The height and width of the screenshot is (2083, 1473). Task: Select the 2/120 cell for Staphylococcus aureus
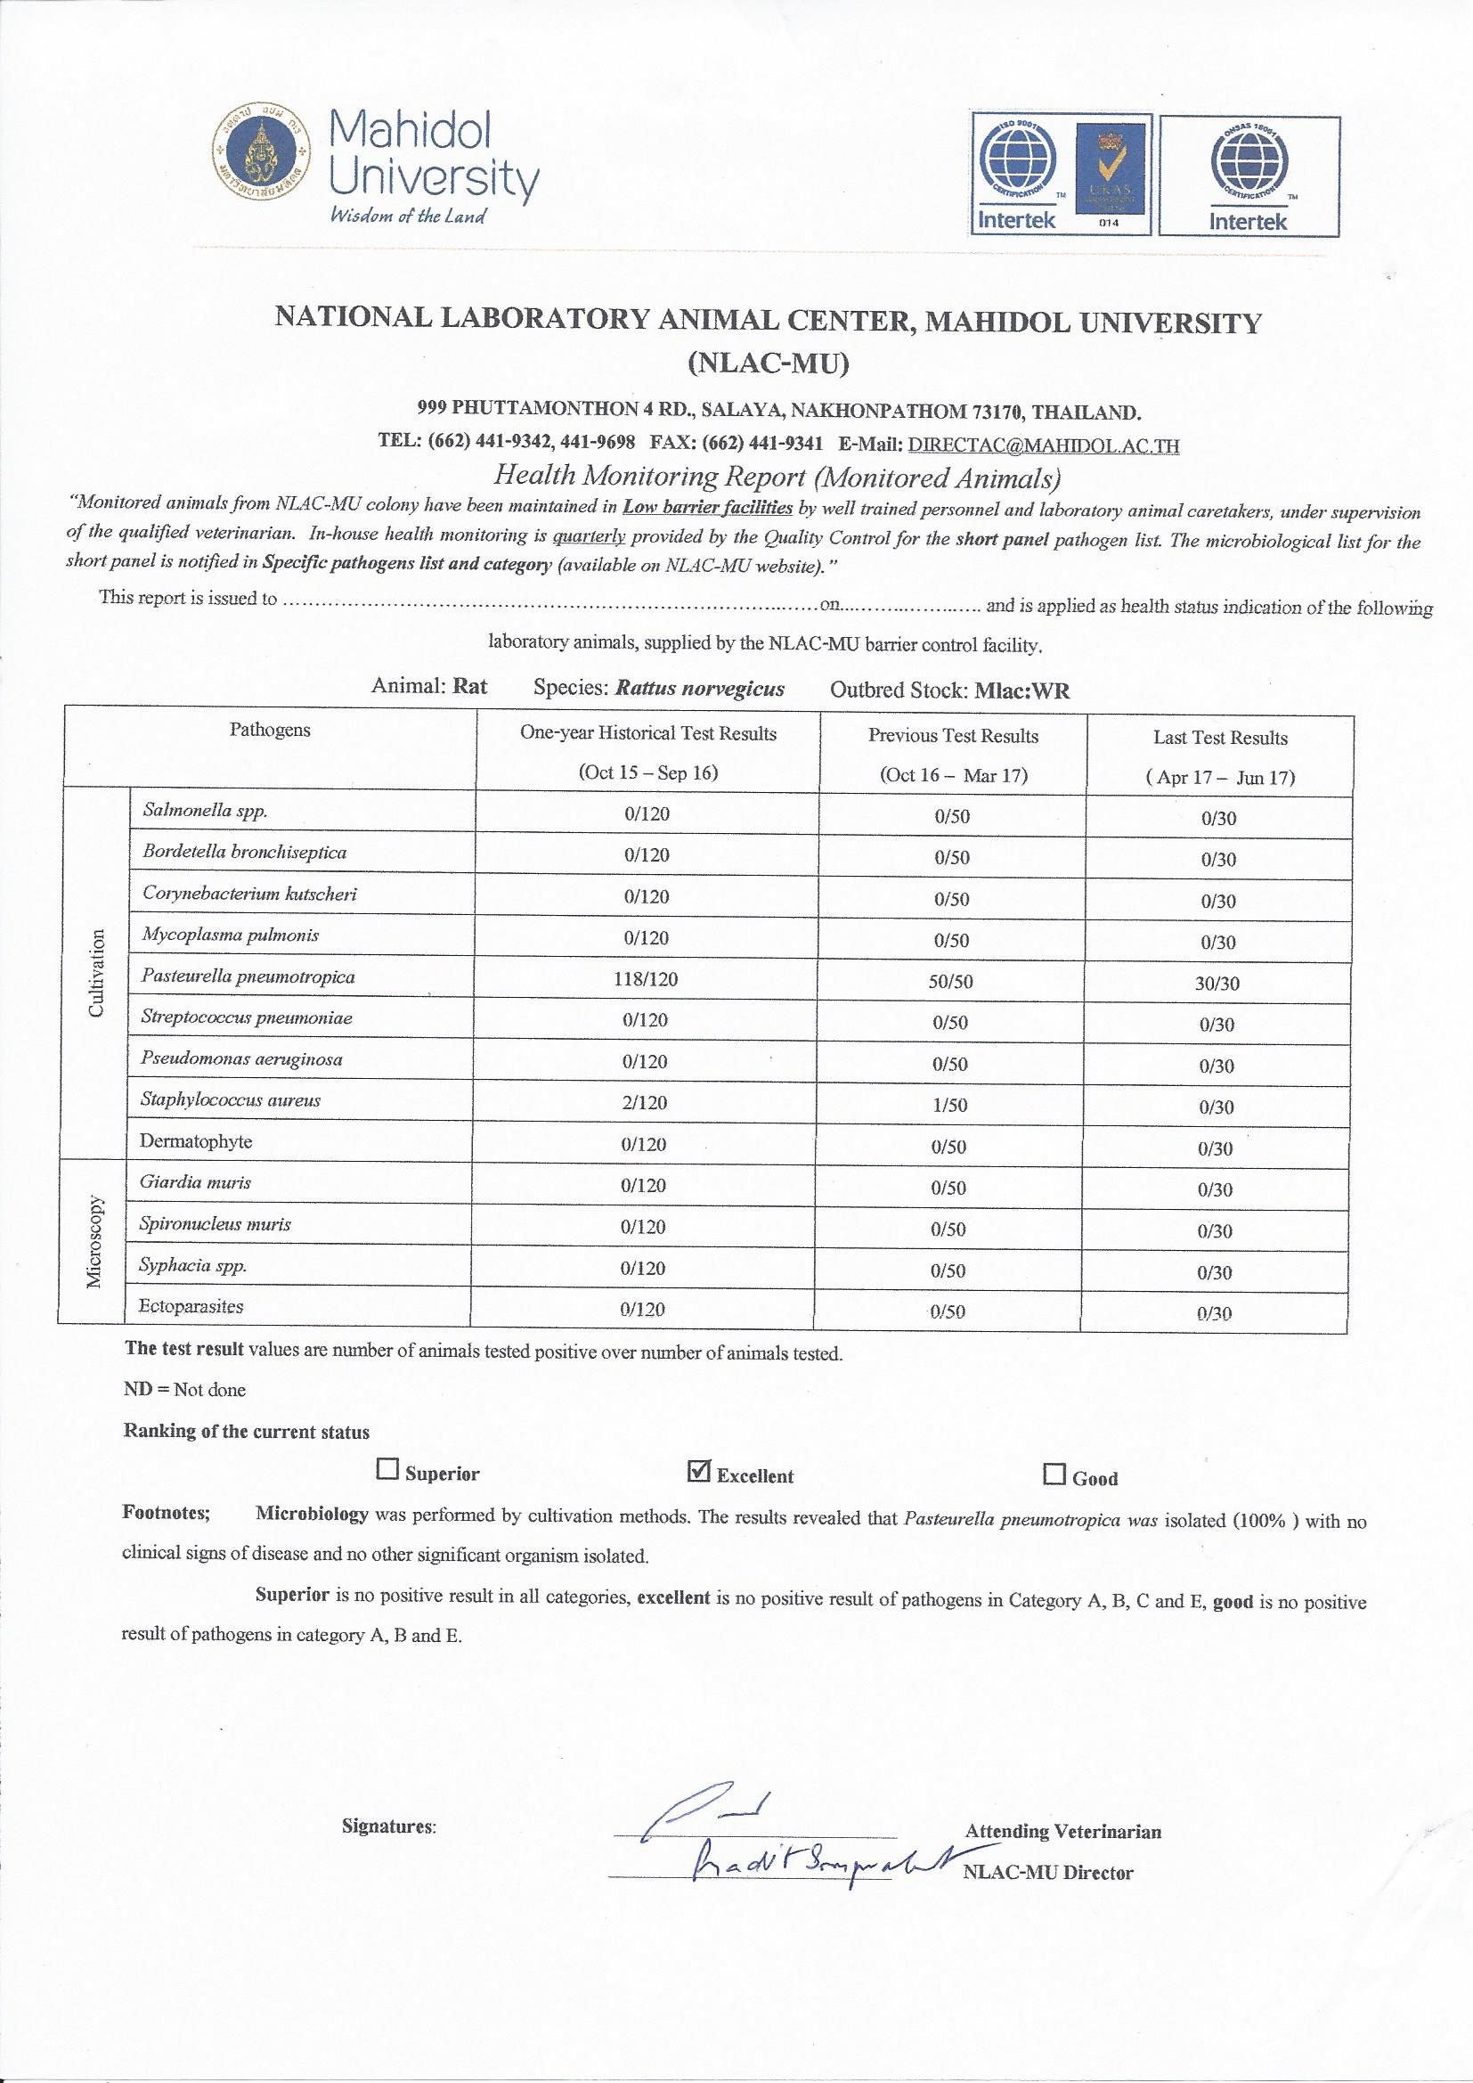(646, 1103)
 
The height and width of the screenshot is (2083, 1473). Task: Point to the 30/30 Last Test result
(1218, 984)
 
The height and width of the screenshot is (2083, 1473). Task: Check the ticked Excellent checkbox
(699, 1471)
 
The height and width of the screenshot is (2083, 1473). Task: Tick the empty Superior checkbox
(387, 1470)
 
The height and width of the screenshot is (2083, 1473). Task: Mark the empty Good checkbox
(1054, 1474)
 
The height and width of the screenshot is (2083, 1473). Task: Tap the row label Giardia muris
(195, 1182)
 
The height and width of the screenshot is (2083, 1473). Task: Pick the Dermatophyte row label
(196, 1141)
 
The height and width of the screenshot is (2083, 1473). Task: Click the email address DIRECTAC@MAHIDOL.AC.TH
(1043, 445)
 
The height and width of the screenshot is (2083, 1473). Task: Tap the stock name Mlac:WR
(1022, 691)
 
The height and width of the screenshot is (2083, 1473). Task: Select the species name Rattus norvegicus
(699, 689)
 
